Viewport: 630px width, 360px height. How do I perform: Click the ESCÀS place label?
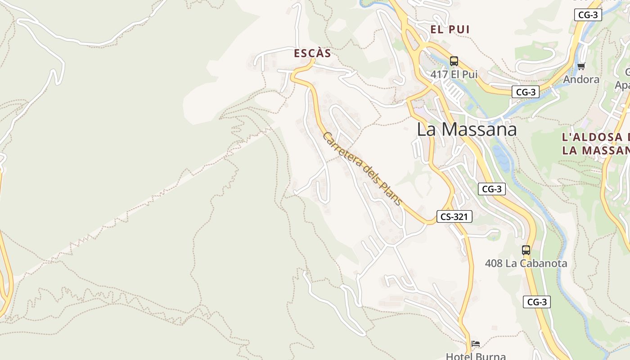click(312, 54)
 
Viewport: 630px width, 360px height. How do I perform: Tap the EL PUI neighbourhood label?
click(450, 30)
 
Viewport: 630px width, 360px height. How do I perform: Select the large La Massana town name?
click(467, 130)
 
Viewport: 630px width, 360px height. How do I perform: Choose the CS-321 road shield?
click(454, 217)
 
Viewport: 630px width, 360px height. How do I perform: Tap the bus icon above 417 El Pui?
click(454, 61)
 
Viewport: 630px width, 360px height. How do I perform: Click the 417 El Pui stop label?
click(454, 75)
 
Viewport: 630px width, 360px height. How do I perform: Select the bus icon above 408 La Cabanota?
click(526, 250)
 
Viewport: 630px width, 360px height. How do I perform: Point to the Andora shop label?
click(581, 80)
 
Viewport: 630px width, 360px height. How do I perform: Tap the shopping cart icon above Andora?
click(581, 67)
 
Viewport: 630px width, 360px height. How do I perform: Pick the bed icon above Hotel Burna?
click(476, 344)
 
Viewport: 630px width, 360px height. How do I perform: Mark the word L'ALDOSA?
click(592, 137)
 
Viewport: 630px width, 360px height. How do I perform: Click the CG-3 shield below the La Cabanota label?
click(536, 302)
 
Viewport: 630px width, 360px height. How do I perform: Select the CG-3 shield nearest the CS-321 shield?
click(491, 189)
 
